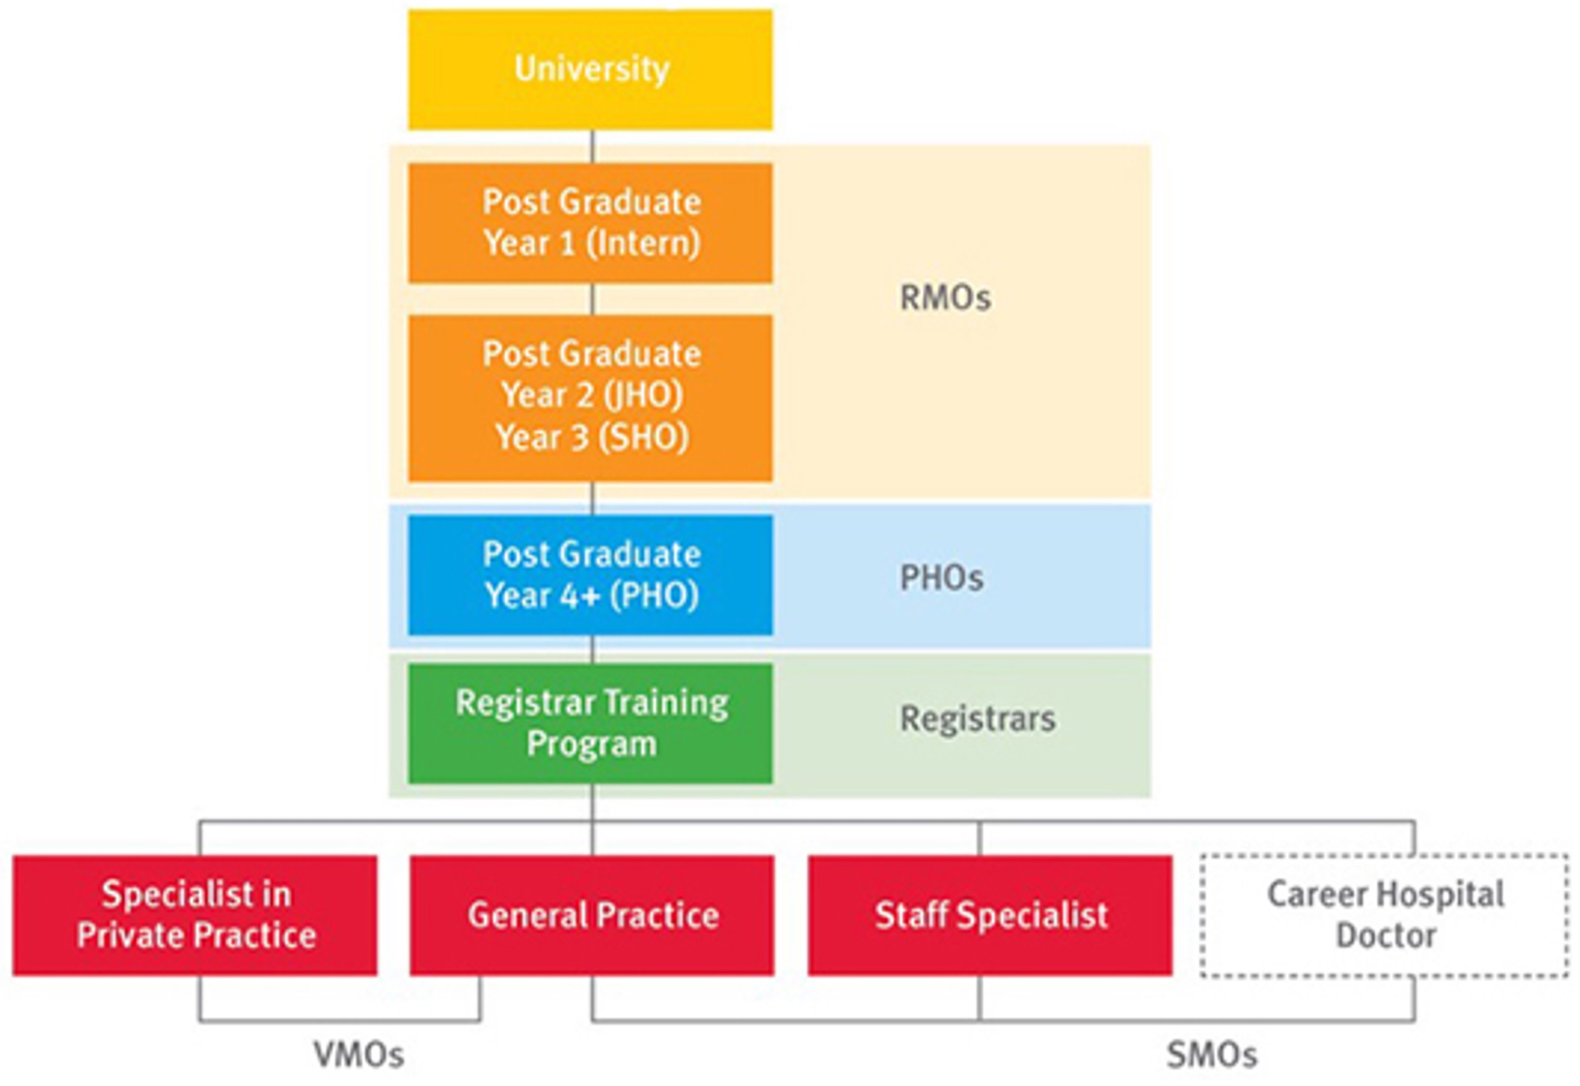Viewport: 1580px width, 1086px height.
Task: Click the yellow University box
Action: coord(590,69)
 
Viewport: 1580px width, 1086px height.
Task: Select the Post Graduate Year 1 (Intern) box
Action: coord(590,223)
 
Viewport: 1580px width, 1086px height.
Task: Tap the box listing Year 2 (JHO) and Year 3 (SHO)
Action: coord(590,397)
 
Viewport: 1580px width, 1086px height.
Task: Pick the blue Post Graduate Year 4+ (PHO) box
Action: coord(590,575)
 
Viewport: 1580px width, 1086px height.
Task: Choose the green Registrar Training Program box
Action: coord(590,723)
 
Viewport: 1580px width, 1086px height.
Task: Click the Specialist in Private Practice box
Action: coord(194,915)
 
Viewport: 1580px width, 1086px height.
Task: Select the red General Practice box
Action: coord(591,915)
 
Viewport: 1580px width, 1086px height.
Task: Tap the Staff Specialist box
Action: coord(990,915)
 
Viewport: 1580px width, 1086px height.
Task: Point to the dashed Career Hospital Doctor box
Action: coord(1385,915)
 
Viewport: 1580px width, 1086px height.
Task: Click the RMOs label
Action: coord(945,298)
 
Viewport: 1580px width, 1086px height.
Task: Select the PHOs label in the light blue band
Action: coord(942,578)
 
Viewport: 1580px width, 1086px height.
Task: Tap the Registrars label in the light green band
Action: coord(977,719)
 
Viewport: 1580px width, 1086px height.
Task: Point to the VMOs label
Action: coord(358,1055)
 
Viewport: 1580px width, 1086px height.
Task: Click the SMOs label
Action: coord(1211,1055)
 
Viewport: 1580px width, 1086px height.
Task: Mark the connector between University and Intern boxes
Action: coord(592,146)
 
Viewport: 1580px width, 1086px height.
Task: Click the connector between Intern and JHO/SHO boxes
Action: coord(592,299)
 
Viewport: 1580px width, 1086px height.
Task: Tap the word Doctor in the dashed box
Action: coord(1386,936)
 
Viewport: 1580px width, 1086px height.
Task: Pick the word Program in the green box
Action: coord(591,744)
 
